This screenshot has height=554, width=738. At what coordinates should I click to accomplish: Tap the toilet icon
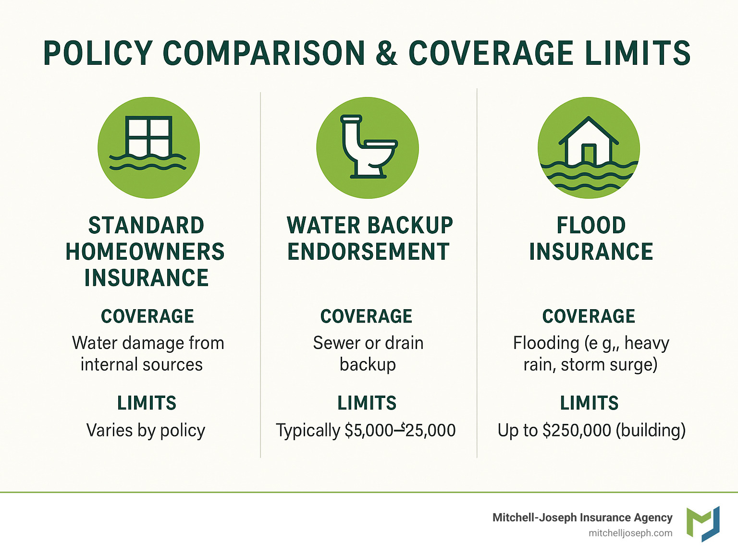click(x=368, y=147)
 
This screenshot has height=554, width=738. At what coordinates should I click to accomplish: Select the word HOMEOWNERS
click(x=145, y=252)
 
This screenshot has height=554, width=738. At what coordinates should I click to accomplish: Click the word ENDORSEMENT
click(x=368, y=252)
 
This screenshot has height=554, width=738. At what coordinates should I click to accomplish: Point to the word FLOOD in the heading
click(x=591, y=226)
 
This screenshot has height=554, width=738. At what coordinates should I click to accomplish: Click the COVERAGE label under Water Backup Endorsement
click(x=367, y=316)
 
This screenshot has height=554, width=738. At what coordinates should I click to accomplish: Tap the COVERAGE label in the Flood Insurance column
click(x=589, y=316)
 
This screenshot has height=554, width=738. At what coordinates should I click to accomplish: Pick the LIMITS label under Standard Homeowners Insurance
click(x=147, y=403)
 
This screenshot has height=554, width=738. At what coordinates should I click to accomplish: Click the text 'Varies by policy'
click(x=146, y=430)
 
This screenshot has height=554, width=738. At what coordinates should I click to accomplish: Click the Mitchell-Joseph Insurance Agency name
click(x=582, y=518)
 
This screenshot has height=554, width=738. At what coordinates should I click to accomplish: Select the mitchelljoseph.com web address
click(x=630, y=533)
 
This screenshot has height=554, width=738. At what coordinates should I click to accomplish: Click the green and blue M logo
click(x=703, y=524)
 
